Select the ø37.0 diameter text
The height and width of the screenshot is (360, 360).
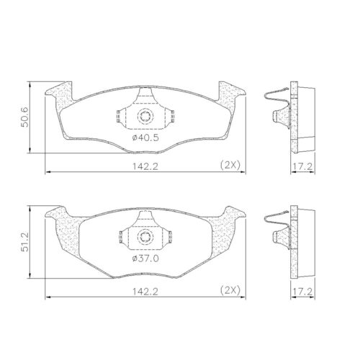click(x=145, y=258)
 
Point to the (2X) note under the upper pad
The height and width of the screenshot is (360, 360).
click(x=231, y=166)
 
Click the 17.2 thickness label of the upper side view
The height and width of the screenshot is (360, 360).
click(x=303, y=166)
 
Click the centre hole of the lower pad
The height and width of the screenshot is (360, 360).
click(x=145, y=237)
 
